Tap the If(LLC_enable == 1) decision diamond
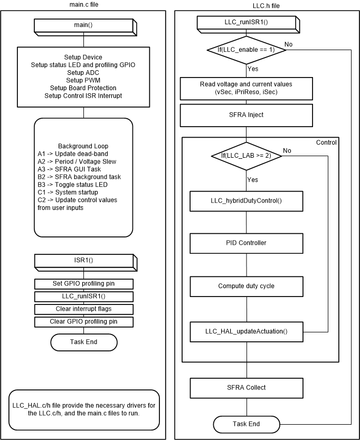coord(247,50)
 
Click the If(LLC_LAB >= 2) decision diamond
coord(247,155)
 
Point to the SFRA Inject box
coord(247,114)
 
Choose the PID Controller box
coord(247,243)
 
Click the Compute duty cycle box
coord(247,286)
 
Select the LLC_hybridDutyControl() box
coord(247,201)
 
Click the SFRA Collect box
coord(247,388)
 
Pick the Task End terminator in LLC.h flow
coord(247,424)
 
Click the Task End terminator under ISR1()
coord(84,342)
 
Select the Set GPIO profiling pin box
coord(84,283)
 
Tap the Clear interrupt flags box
coord(84,309)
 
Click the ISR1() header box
coord(84,261)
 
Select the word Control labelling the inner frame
coord(326,142)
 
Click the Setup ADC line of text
coord(83,72)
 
